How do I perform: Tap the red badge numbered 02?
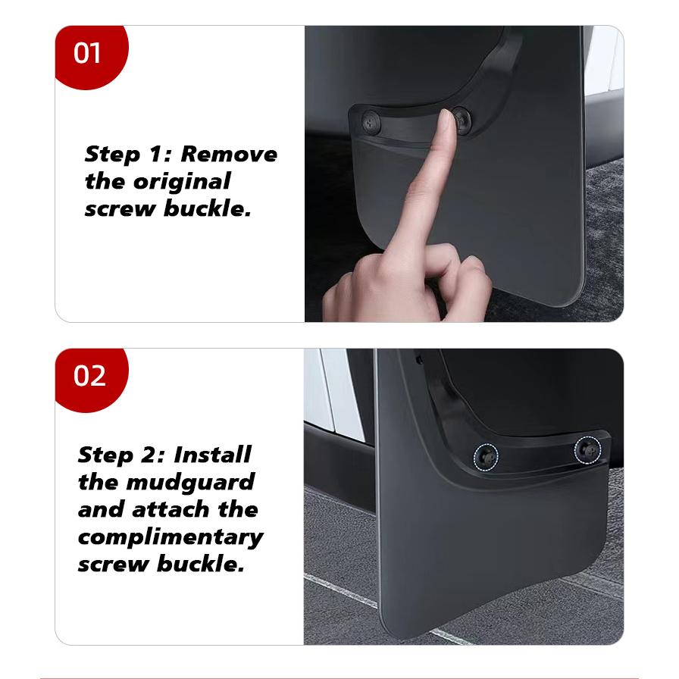[x=89, y=376]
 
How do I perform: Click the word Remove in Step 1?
[x=229, y=155]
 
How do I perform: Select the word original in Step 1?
[x=182, y=182]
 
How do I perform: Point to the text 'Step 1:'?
[x=129, y=155]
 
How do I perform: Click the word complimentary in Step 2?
[x=170, y=537]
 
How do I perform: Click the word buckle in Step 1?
[x=206, y=209]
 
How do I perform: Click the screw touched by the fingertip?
[x=459, y=117]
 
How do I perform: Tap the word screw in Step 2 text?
[x=114, y=565]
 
